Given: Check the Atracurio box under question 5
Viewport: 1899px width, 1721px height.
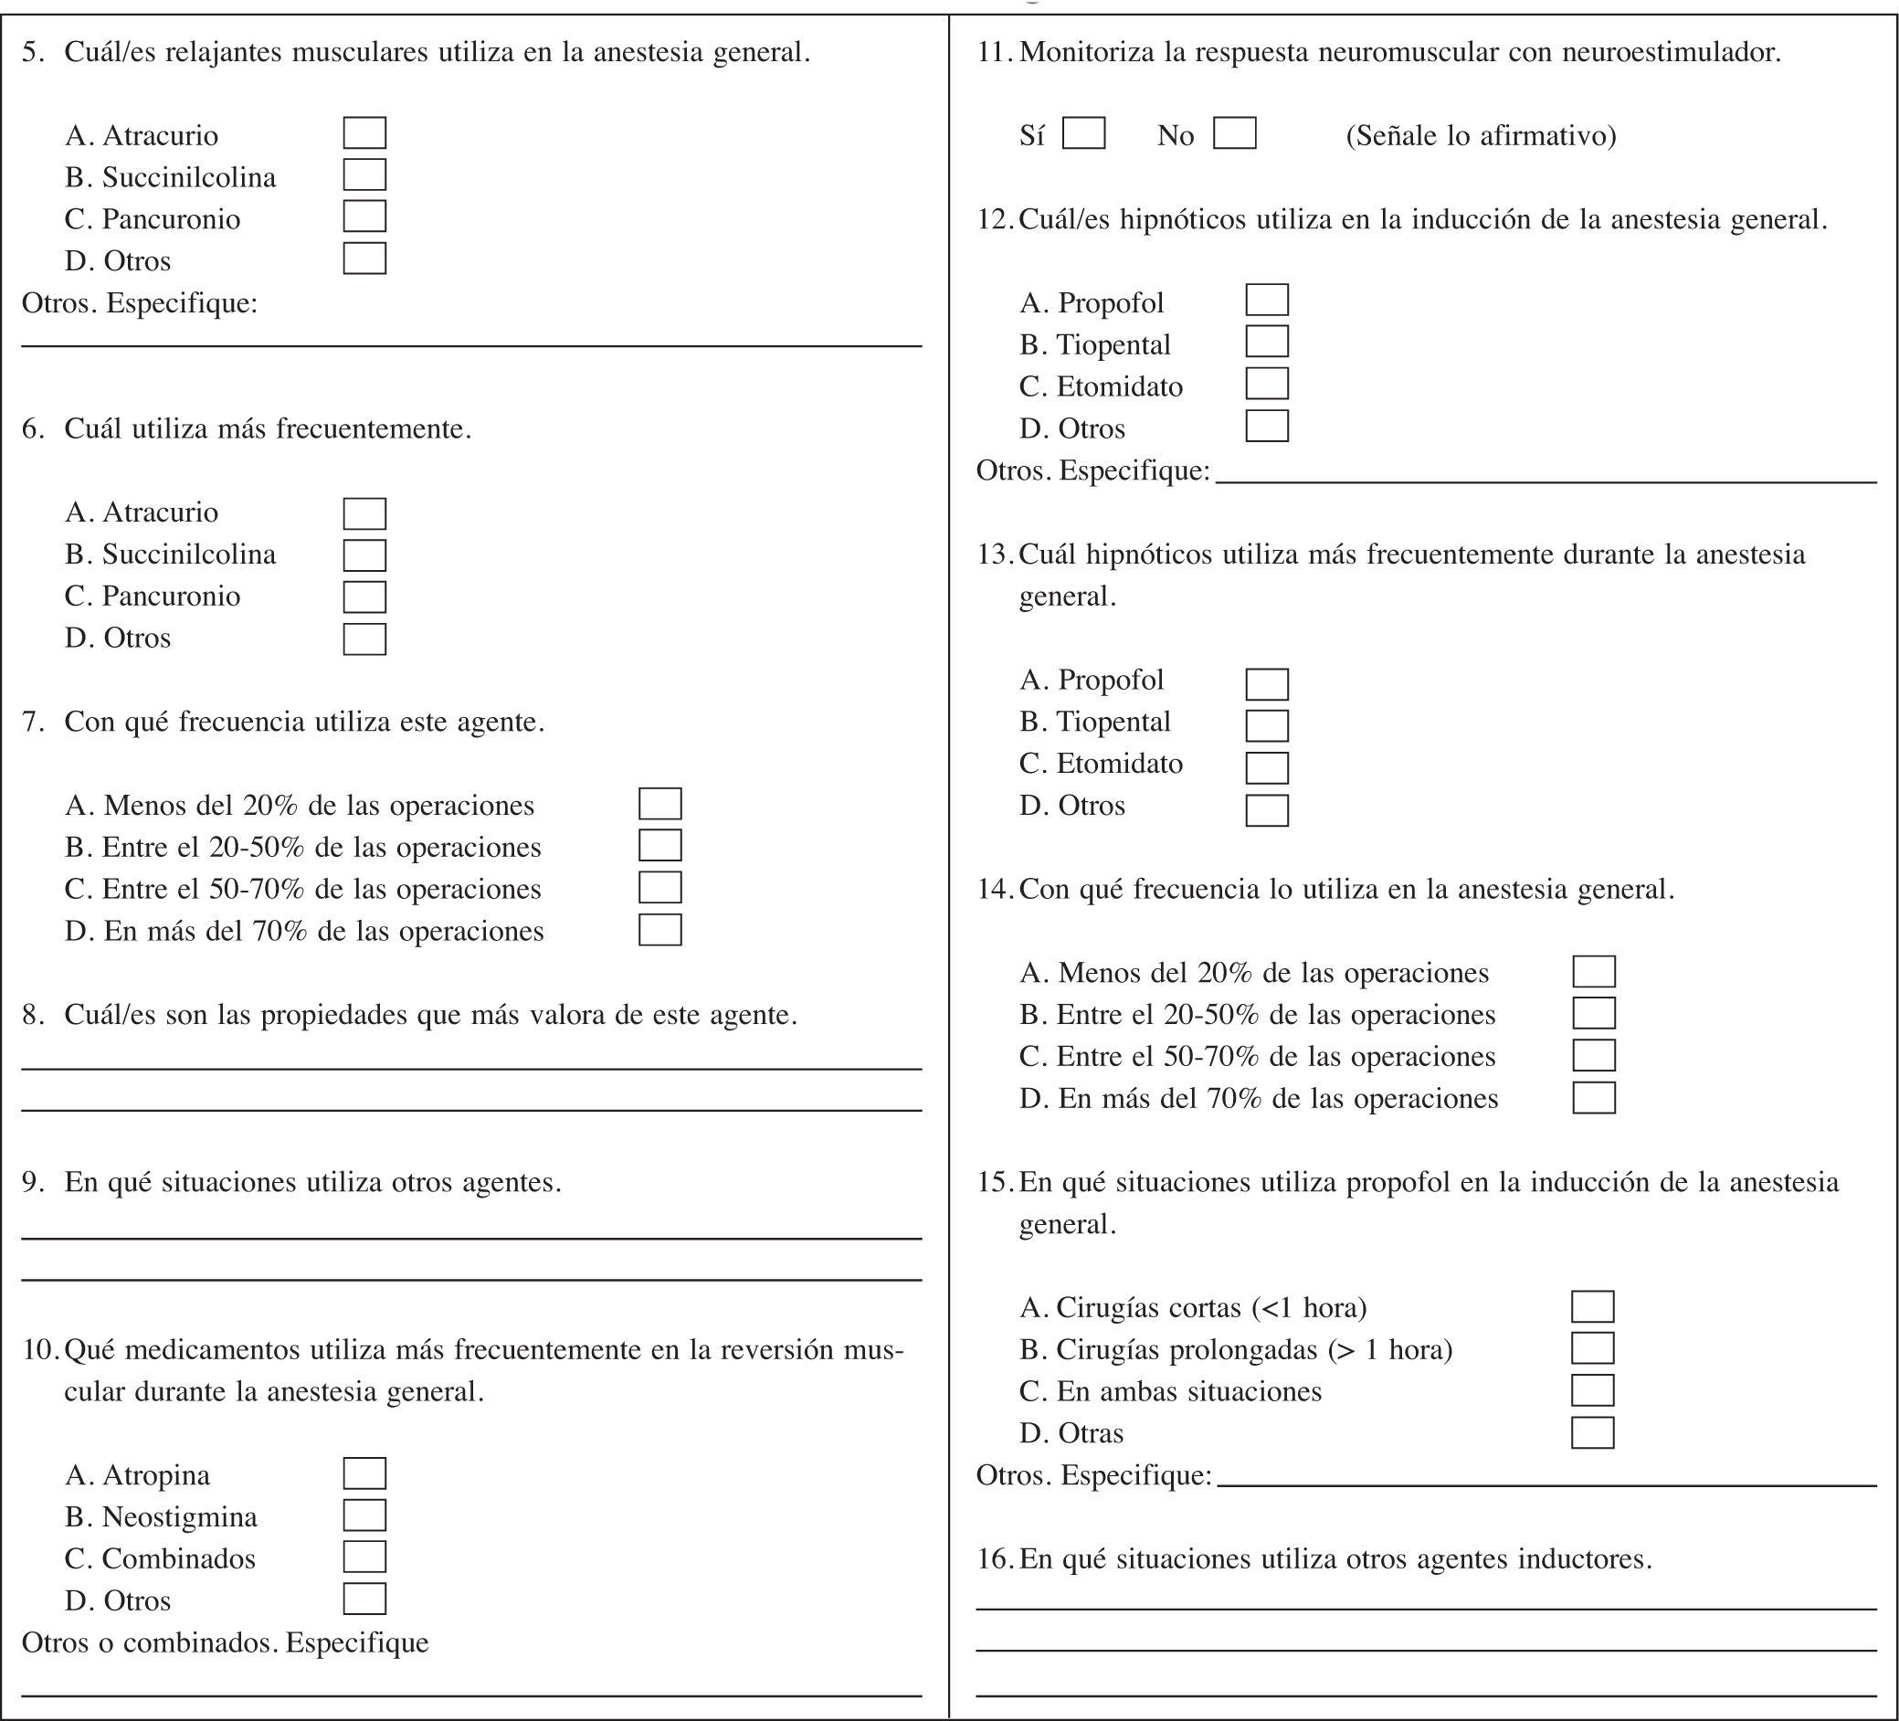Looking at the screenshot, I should (x=364, y=132).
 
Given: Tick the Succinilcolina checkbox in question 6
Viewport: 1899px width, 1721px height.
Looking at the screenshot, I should (x=364, y=554).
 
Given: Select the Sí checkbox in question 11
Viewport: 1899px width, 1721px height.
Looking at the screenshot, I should (x=1083, y=132).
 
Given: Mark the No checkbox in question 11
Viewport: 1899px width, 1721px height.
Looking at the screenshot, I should (x=1234, y=132).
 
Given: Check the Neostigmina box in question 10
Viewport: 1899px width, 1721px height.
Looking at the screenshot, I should (x=364, y=1515).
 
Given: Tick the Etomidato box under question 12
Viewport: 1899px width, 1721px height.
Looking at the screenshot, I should (x=1267, y=385).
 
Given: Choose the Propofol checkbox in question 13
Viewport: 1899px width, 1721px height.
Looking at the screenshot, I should (x=1267, y=684).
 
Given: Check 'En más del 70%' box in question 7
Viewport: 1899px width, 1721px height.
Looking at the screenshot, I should (x=659, y=930).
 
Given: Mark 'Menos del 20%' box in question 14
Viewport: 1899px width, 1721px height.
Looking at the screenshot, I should (x=1594, y=971).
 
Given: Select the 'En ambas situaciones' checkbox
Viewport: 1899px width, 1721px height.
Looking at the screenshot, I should (x=1593, y=1390).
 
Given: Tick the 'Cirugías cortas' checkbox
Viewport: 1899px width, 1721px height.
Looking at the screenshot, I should (x=1593, y=1306).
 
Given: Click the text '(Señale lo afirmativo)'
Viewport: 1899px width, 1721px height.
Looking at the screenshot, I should (x=1481, y=135).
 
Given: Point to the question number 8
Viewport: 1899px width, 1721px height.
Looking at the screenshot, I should (x=33, y=1015).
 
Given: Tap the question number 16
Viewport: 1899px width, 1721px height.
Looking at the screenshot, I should (x=994, y=1559).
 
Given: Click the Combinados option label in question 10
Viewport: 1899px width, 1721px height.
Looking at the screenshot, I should (x=178, y=1559).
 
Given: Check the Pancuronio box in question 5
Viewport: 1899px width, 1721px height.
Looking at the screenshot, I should (x=364, y=216).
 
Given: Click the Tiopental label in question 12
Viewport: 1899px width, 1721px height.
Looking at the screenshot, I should (x=1113, y=344).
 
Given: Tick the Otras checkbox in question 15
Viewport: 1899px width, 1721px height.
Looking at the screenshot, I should (x=1593, y=1432).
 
